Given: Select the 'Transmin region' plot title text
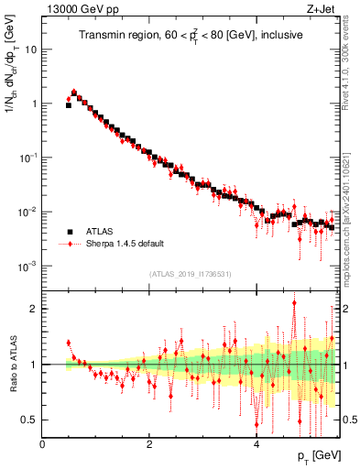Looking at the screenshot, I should pyautogui.click(x=190, y=36).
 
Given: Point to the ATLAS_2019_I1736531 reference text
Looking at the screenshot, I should pyautogui.click(x=190, y=274).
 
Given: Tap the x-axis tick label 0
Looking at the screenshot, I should pyautogui.click(x=42, y=443).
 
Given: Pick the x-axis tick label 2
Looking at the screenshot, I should pyautogui.click(x=149, y=443).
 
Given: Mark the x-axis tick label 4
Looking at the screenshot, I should pyautogui.click(x=256, y=443).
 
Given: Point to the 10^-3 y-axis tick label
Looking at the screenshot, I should pyautogui.click(x=28, y=266).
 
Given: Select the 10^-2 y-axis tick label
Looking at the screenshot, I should pyautogui.click(x=28, y=212).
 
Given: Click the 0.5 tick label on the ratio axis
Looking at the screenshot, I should pyautogui.click(x=30, y=420).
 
